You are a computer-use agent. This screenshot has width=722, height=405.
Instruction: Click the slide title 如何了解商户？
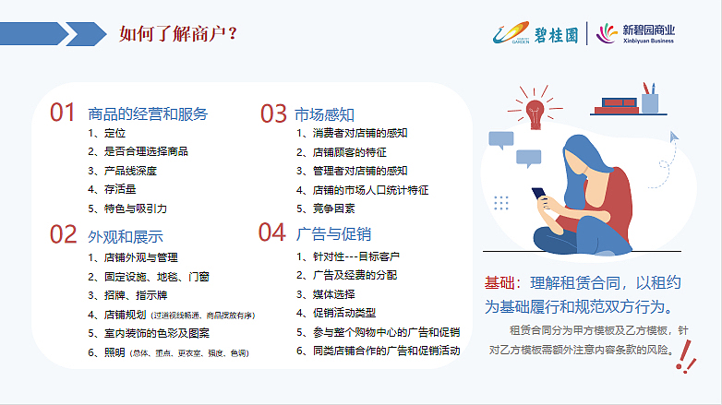(x=179, y=34)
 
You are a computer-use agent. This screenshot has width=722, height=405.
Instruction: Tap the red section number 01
(x=62, y=113)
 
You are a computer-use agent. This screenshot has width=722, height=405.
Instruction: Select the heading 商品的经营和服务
(x=148, y=114)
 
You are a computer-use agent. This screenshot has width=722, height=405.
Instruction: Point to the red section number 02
(x=63, y=234)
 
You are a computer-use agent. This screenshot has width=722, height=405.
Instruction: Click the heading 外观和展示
(x=126, y=235)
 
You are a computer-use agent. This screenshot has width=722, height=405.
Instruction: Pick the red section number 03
(x=273, y=113)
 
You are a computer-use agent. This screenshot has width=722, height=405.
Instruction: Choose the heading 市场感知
(x=324, y=114)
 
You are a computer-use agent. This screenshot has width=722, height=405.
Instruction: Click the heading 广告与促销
(x=332, y=233)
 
